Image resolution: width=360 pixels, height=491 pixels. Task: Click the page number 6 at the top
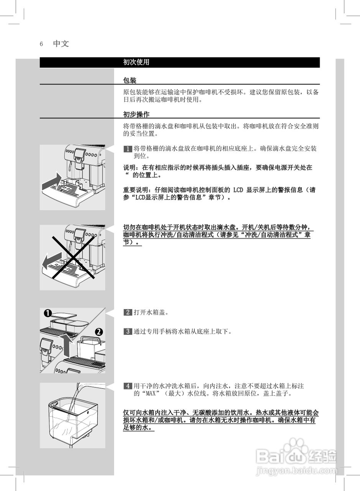[41, 44]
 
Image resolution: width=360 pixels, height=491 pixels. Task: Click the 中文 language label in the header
[61, 44]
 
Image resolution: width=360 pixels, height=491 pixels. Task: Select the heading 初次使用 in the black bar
[136, 62]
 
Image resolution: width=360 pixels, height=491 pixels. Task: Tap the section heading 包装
[130, 81]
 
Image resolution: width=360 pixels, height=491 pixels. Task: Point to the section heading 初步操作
[136, 114]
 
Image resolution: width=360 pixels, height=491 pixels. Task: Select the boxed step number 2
[128, 312]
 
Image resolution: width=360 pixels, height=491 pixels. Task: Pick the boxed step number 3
[128, 331]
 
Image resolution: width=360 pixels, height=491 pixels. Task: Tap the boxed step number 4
[128, 386]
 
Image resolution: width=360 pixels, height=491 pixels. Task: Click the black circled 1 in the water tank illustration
[48, 313]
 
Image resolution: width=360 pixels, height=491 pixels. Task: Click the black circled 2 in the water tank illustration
[99, 331]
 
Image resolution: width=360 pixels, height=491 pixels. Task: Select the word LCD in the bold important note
[238, 190]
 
